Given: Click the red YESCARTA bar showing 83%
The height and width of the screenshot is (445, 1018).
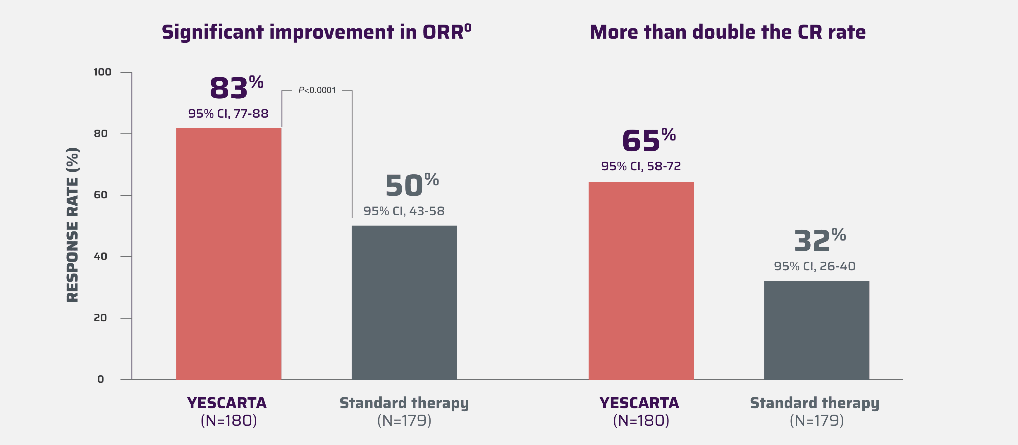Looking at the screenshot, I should tap(228, 254).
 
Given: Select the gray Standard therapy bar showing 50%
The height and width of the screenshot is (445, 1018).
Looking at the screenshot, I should tap(404, 302).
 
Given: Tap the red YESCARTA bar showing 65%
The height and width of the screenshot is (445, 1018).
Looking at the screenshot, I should tap(641, 281).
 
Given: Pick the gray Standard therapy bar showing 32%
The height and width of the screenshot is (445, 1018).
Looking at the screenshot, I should tap(816, 330).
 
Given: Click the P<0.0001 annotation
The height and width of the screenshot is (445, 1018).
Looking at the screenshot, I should tap(317, 90).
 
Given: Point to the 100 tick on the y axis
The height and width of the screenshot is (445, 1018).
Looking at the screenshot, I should tap(102, 72).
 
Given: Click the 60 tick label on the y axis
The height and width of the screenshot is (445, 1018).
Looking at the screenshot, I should tap(100, 195).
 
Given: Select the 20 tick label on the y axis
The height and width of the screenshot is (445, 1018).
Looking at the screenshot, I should tap(100, 318).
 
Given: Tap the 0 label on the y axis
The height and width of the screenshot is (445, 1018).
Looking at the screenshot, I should tap(100, 379).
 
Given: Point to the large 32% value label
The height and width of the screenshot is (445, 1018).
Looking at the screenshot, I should tap(819, 240).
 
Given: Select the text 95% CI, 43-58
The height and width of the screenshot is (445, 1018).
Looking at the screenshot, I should tap(404, 211).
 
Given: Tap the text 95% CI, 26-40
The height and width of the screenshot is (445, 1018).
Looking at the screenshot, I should tap(814, 266).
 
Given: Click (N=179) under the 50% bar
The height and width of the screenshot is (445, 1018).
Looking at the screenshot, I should tap(404, 420).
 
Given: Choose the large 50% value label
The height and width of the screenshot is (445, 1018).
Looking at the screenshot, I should tap(411, 185).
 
